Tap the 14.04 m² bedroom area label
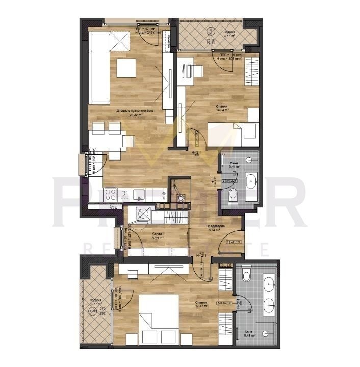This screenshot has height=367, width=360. tap(222, 108)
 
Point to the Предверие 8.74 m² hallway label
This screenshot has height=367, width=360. tap(213, 228)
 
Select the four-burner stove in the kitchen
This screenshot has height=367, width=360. tap(112, 194)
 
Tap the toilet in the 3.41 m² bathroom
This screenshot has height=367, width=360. tap(234, 194)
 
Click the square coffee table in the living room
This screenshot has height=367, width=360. tap(126, 68)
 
